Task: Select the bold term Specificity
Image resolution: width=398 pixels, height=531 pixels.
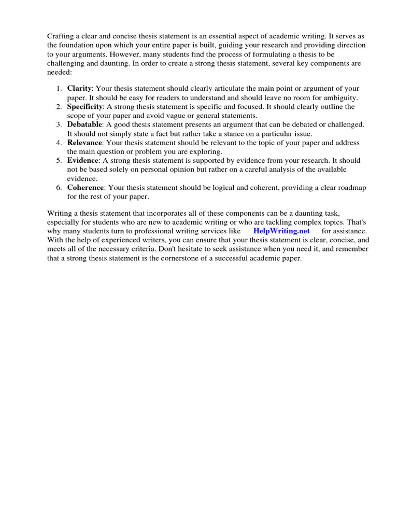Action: tap(85, 107)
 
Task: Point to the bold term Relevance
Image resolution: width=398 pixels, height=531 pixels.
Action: tap(85, 143)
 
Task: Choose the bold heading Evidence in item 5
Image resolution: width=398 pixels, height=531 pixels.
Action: tap(82, 160)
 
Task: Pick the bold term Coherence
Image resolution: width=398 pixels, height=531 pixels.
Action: tap(86, 187)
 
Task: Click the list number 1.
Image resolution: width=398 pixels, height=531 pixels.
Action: tap(60, 89)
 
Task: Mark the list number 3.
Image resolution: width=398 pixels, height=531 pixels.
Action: tap(60, 124)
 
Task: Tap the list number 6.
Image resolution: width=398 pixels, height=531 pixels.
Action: tap(60, 187)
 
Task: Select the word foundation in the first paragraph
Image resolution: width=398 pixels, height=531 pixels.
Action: tap(79, 45)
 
